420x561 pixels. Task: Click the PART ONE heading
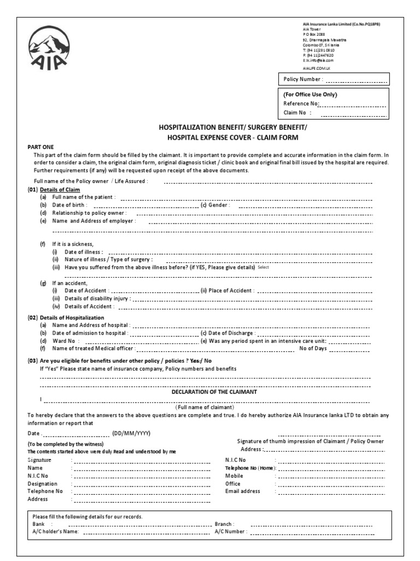click(41, 147)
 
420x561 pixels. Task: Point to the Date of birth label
click(69, 205)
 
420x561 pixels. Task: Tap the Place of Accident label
click(227, 290)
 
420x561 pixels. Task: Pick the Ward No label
click(62, 340)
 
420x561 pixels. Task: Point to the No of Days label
click(313, 348)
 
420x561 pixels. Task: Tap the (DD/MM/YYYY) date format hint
click(131, 433)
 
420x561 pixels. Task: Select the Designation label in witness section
click(42, 484)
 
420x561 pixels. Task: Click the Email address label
click(242, 491)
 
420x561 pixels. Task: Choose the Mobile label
click(234, 476)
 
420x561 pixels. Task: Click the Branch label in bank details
click(225, 524)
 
